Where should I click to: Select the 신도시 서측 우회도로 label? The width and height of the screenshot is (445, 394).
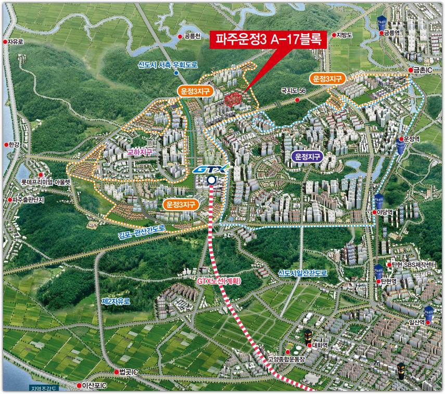pyautogui.click(x=168, y=65)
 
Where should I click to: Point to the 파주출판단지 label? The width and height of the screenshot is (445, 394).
pyautogui.click(x=29, y=200)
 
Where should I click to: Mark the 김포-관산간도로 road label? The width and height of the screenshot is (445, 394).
pyautogui.click(x=142, y=232)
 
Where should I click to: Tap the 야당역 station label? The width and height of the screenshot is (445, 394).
pyautogui.click(x=385, y=212)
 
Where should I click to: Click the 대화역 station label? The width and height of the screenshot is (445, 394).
pyautogui.click(x=319, y=345)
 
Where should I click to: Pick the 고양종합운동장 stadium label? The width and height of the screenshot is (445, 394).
pyautogui.click(x=286, y=359)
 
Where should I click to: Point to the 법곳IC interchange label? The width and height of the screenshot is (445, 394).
pyautogui.click(x=128, y=372)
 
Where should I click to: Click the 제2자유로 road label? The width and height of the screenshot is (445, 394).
pyautogui.click(x=116, y=301)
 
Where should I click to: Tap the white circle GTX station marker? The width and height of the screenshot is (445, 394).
pyautogui.click(x=211, y=180)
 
